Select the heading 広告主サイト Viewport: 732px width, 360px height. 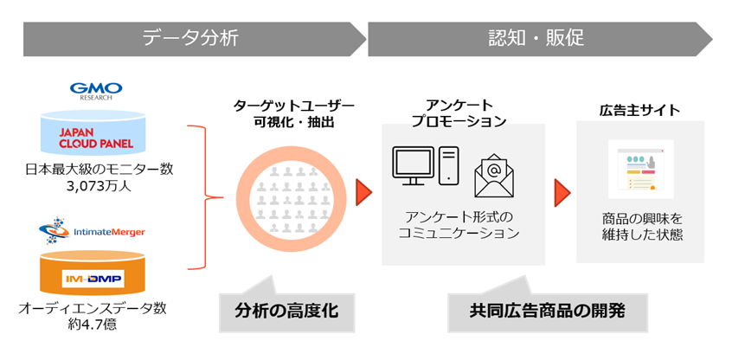tap(639, 110)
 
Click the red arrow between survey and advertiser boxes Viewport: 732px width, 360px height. tap(562, 190)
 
